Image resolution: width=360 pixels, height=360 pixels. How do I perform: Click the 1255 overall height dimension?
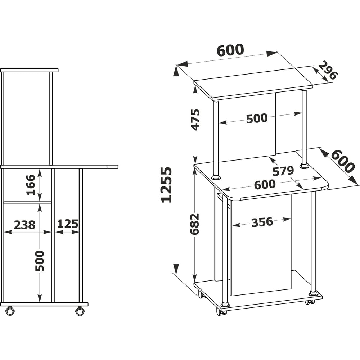pos(166,185)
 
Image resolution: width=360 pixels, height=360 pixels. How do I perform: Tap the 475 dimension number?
pos(195,120)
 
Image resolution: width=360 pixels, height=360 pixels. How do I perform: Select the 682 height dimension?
pos(194,224)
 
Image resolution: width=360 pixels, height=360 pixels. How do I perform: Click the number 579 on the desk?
pos(283,171)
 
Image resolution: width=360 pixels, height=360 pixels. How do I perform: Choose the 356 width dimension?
pos(262,222)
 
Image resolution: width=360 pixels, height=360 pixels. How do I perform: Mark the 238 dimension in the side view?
pos(24,225)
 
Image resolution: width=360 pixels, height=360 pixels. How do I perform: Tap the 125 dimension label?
pos(68,224)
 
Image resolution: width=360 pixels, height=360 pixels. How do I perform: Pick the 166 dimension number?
pos(31,185)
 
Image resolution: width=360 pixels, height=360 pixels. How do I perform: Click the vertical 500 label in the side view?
pos(40,261)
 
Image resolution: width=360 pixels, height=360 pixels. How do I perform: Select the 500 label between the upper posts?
pos(257,118)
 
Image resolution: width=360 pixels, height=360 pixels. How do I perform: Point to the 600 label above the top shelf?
pos(230,50)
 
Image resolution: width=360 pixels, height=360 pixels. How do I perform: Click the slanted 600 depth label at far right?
pos(343,161)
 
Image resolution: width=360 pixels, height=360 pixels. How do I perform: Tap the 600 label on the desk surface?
pos(265,184)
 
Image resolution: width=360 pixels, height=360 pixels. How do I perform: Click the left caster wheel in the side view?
pos(10,311)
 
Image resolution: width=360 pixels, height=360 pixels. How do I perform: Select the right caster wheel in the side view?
pos(80,311)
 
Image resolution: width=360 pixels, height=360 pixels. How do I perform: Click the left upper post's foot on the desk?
pos(216,177)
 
